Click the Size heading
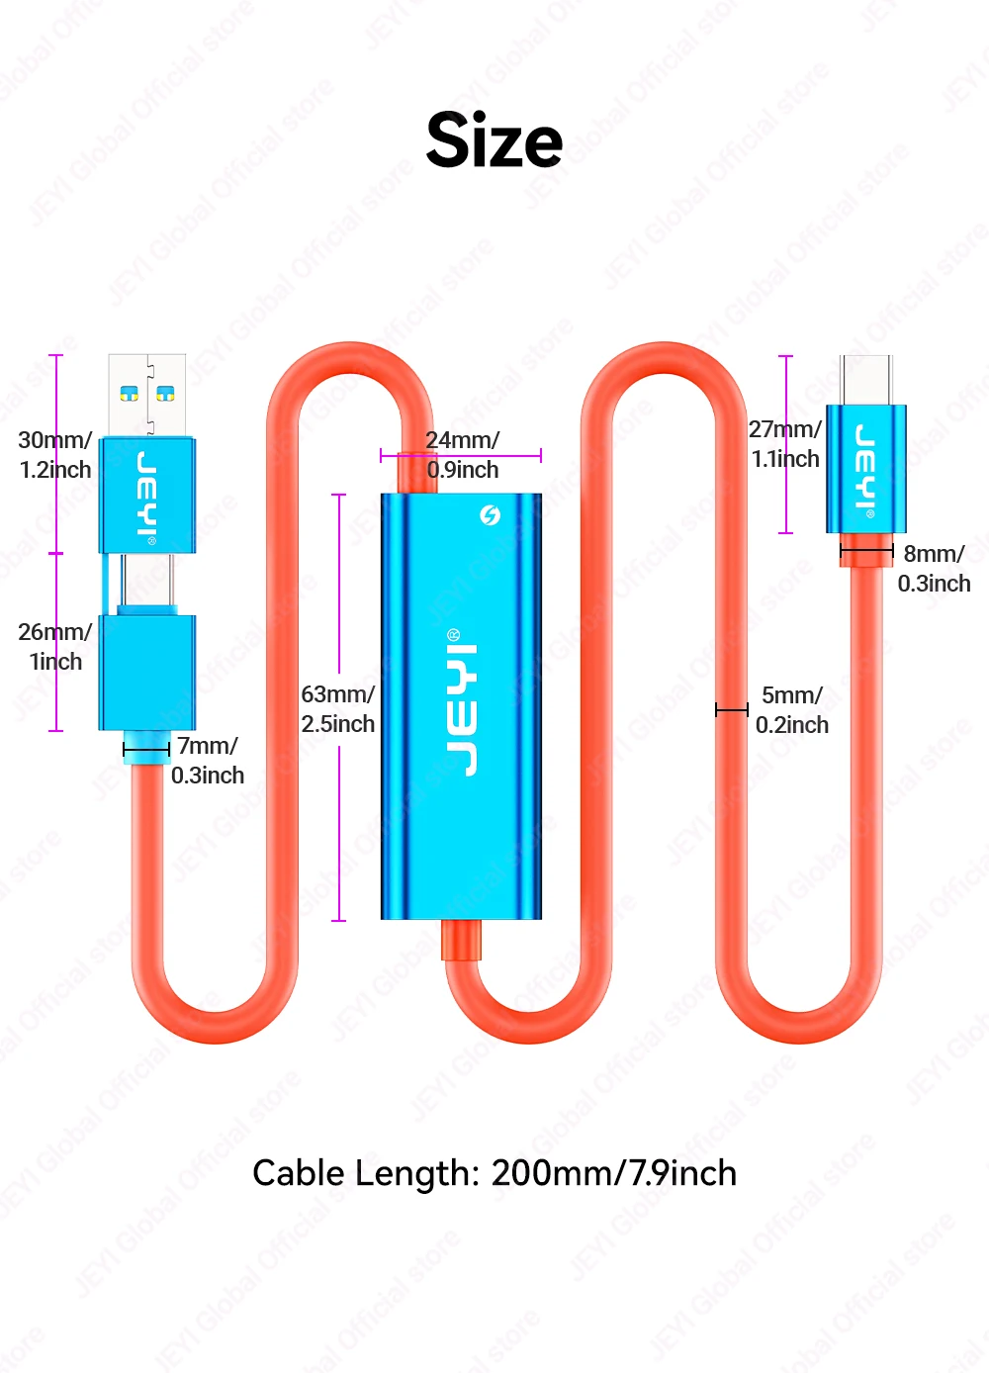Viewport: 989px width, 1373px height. (x=494, y=139)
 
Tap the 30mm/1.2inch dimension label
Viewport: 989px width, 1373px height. (x=55, y=454)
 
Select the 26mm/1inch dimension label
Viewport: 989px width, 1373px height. (x=55, y=646)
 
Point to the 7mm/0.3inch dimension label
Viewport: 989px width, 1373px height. (x=208, y=760)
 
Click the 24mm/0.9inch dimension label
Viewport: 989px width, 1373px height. (x=463, y=454)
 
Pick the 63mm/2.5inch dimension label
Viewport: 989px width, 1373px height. (x=338, y=709)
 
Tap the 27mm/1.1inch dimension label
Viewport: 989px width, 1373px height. (x=785, y=443)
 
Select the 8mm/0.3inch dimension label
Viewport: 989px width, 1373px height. (x=934, y=568)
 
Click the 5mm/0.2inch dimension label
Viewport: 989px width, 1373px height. (x=792, y=709)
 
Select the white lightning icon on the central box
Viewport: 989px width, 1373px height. (x=490, y=514)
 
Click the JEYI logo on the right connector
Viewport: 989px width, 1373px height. (x=865, y=471)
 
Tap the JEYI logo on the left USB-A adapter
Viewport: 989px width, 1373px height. (x=146, y=498)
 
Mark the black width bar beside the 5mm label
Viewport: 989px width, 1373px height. (x=732, y=709)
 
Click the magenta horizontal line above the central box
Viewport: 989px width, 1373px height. (x=461, y=455)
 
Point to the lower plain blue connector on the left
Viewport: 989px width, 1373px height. (x=147, y=673)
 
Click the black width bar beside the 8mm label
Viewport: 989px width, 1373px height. (x=866, y=551)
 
